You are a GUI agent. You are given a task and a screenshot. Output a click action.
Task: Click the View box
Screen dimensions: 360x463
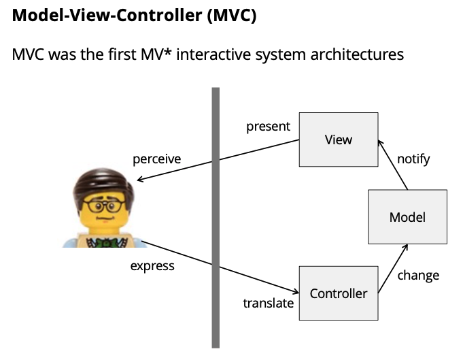339,140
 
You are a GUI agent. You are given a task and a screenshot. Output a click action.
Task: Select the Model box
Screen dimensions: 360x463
407,217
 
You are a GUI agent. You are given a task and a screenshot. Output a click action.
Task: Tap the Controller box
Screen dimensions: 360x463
339,293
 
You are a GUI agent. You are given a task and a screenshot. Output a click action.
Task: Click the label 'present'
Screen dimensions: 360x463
268,127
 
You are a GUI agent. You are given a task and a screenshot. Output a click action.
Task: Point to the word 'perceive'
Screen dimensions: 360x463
156,159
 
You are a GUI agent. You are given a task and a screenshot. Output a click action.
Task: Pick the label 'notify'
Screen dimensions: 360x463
413,159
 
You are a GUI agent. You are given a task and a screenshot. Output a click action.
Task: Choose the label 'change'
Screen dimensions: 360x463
418,275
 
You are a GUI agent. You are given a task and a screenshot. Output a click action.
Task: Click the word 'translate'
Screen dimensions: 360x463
269,303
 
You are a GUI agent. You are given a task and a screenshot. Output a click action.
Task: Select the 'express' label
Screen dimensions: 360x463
152,265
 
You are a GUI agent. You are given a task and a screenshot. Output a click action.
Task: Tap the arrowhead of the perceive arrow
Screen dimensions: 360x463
140,180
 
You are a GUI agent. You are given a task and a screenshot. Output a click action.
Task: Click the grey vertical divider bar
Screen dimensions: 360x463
216,218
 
